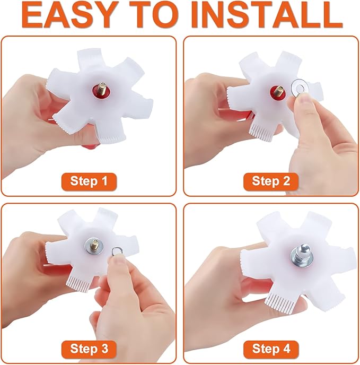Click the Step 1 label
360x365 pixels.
pos(89,181)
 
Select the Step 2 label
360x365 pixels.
pos(271,181)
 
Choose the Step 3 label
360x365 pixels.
pos(89,349)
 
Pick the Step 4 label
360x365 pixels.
pos(271,349)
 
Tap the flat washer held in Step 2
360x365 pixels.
pos(300,88)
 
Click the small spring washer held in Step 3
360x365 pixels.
pos(116,251)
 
